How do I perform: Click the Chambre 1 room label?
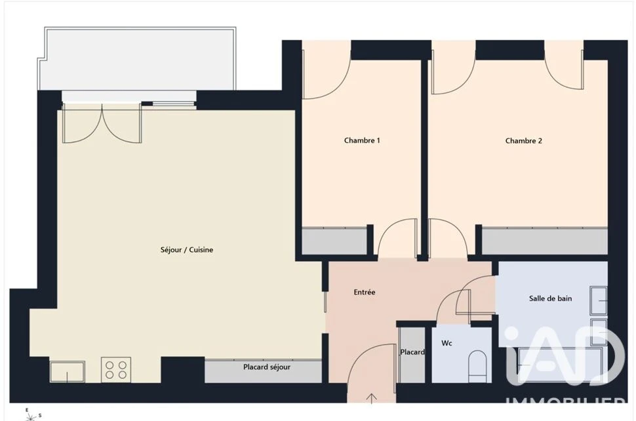click(362, 141)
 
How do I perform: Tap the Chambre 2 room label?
click(523, 141)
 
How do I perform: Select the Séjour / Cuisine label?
click(187, 250)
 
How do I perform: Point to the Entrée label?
click(365, 292)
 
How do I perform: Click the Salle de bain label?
click(550, 299)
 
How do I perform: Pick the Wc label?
click(447, 343)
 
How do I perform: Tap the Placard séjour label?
click(266, 367)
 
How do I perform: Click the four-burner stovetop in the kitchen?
click(116, 369)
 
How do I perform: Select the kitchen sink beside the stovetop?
click(68, 371)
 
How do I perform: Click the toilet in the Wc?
click(477, 367)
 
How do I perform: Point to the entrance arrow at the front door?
click(371, 399)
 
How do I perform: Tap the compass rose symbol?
click(30, 415)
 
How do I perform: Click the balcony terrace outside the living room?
click(138, 59)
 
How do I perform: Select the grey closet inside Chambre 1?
click(334, 242)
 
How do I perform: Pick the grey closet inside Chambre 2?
click(544, 242)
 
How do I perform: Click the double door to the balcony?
click(102, 123)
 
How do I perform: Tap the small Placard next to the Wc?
click(412, 355)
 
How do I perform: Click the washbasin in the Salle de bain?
click(599, 301)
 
